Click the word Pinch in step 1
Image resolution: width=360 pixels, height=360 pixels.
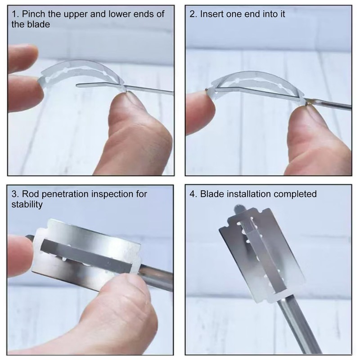[33, 14]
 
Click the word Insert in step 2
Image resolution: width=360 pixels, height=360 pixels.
[209, 14]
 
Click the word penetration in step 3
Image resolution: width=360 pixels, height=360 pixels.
[65, 194]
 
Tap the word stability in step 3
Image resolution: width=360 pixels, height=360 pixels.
[27, 205]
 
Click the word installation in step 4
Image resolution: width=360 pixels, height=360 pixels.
[249, 194]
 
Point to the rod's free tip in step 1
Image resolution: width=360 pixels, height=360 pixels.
[77, 85]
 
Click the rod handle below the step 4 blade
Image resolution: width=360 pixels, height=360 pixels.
[298, 326]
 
